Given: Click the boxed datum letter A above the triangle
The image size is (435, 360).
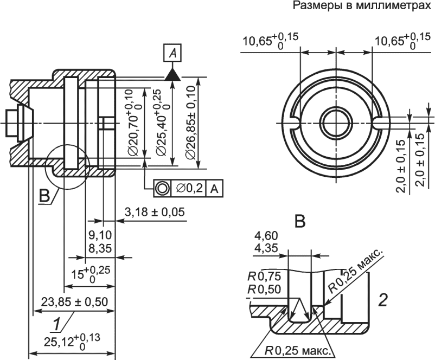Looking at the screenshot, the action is [x=172, y=53].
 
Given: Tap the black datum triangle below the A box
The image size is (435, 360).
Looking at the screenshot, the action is [x=172, y=75].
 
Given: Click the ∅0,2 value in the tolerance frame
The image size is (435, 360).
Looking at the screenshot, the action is [x=189, y=189].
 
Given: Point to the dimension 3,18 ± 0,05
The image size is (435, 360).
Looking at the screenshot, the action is [x=155, y=212].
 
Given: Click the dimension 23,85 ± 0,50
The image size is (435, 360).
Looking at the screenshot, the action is [x=74, y=302].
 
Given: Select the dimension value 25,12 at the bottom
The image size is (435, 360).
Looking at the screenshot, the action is [x=58, y=342].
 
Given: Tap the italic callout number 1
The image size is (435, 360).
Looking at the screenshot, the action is [x=57, y=325].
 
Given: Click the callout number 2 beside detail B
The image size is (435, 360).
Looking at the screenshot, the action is [x=383, y=300].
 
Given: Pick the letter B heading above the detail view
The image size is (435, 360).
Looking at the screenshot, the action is [x=300, y=222].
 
